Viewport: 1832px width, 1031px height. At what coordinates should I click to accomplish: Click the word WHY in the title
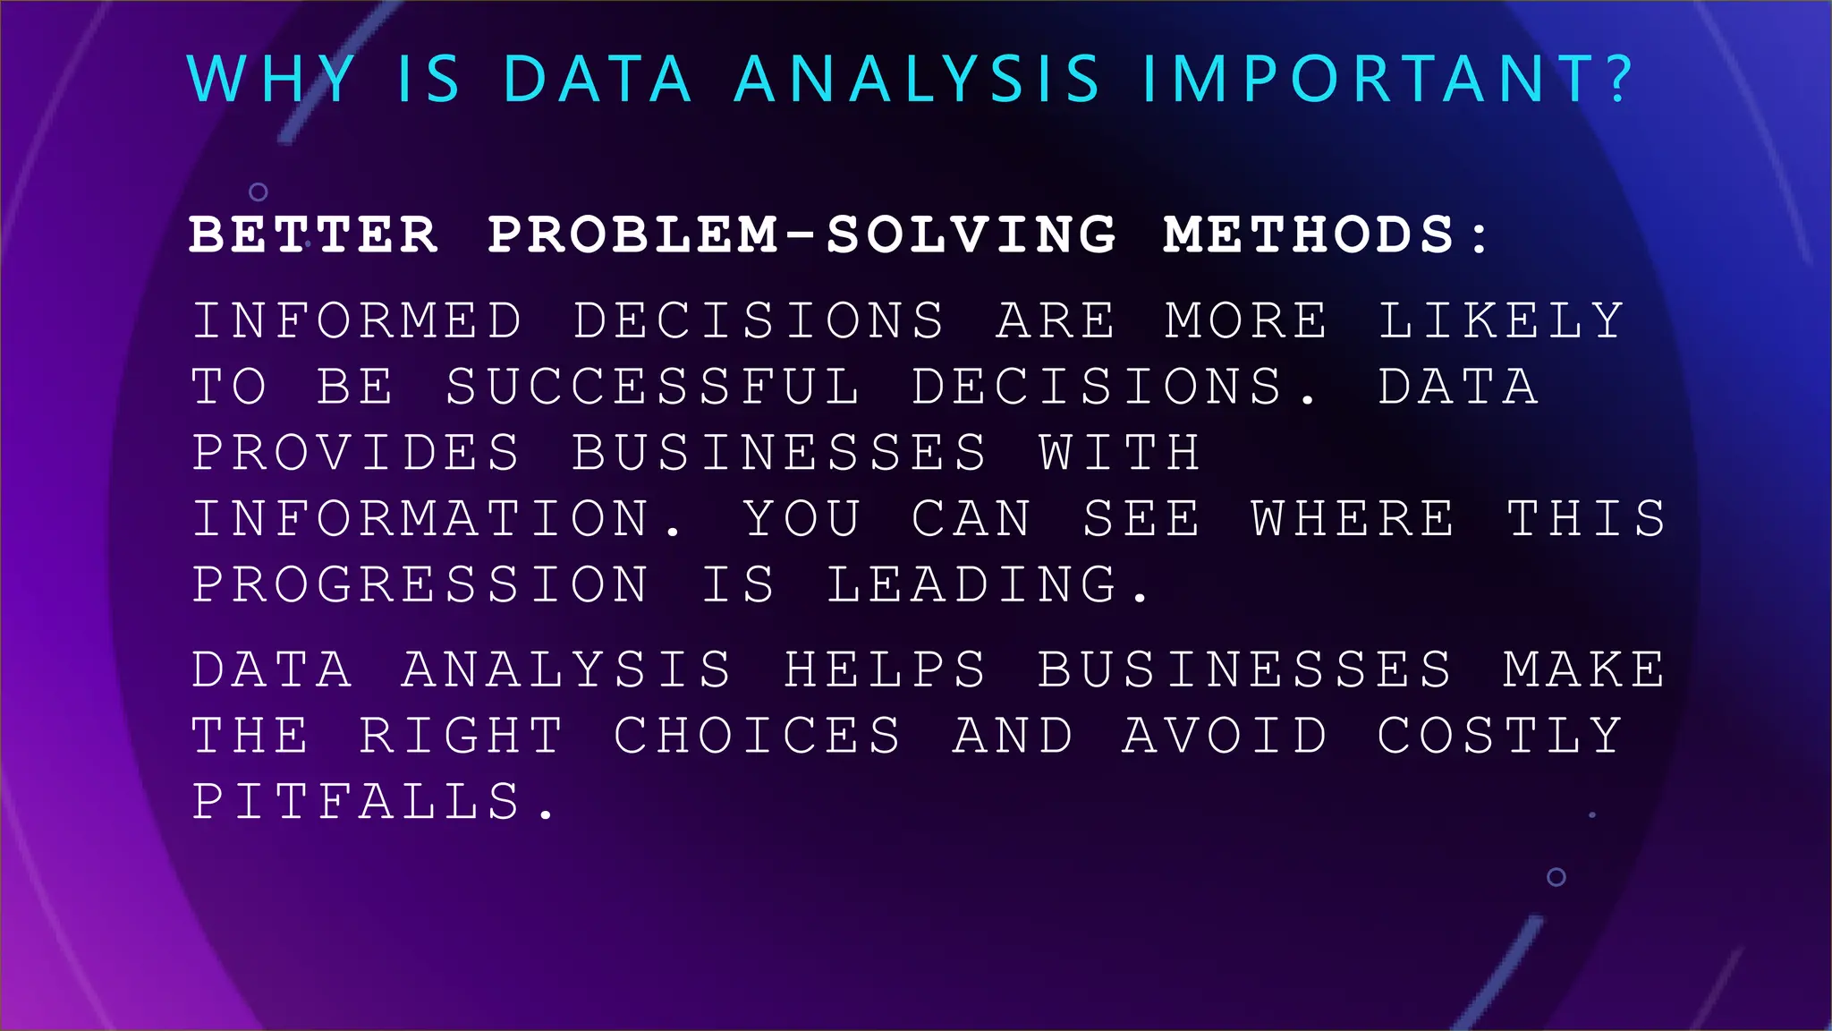(x=272, y=79)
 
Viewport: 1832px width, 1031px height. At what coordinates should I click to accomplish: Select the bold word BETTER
(x=313, y=234)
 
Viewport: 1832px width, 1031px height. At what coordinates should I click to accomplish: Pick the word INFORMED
(x=357, y=320)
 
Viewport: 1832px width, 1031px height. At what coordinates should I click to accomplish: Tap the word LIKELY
(x=1501, y=320)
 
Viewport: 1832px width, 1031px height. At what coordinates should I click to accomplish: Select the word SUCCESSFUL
(x=653, y=387)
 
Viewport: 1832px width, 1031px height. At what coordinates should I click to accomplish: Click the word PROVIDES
(x=356, y=452)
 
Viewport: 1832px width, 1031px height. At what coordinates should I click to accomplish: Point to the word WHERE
(x=1353, y=518)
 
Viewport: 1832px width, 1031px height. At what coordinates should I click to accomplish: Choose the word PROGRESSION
(x=420, y=584)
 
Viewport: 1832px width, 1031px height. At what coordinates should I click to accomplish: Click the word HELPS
(x=886, y=669)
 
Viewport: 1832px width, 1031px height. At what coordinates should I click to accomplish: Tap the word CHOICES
(x=757, y=736)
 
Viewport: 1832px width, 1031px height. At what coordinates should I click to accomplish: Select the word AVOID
(x=1225, y=736)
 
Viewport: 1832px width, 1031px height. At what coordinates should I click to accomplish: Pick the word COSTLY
(x=1499, y=736)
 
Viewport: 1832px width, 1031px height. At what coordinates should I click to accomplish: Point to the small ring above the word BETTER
(x=259, y=192)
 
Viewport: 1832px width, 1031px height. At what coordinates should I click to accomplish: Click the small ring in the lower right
(x=1556, y=877)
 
